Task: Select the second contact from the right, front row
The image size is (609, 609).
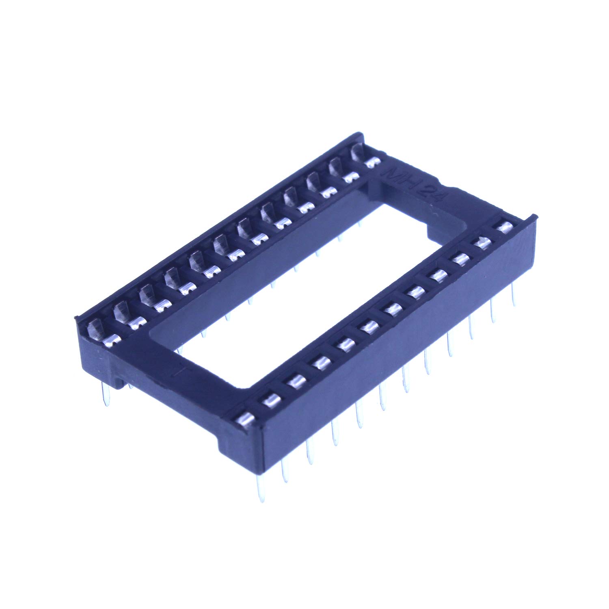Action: (x=482, y=243)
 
